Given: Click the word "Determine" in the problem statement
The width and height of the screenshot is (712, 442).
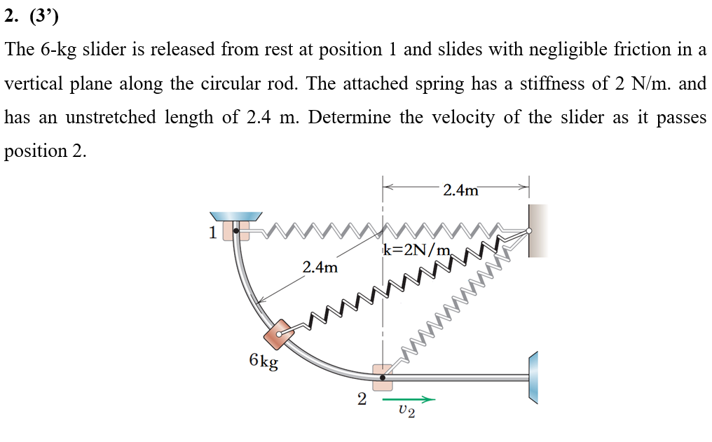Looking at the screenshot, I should click(x=350, y=118).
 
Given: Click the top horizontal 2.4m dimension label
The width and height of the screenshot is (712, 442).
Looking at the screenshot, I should click(x=461, y=190).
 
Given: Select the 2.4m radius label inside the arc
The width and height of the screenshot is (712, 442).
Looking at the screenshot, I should click(x=320, y=268).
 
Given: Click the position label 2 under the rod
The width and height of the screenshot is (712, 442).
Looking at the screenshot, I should click(x=362, y=400).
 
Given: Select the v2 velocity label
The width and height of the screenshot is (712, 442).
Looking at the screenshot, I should click(x=406, y=411).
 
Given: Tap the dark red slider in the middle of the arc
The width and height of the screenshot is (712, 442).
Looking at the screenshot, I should click(x=281, y=335).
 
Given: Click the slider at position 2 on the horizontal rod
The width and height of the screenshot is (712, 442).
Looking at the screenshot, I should click(x=383, y=377).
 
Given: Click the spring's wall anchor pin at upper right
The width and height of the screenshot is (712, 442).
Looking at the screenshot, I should click(x=529, y=230).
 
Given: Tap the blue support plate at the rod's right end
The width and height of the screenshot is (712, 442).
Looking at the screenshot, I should click(x=534, y=378).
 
